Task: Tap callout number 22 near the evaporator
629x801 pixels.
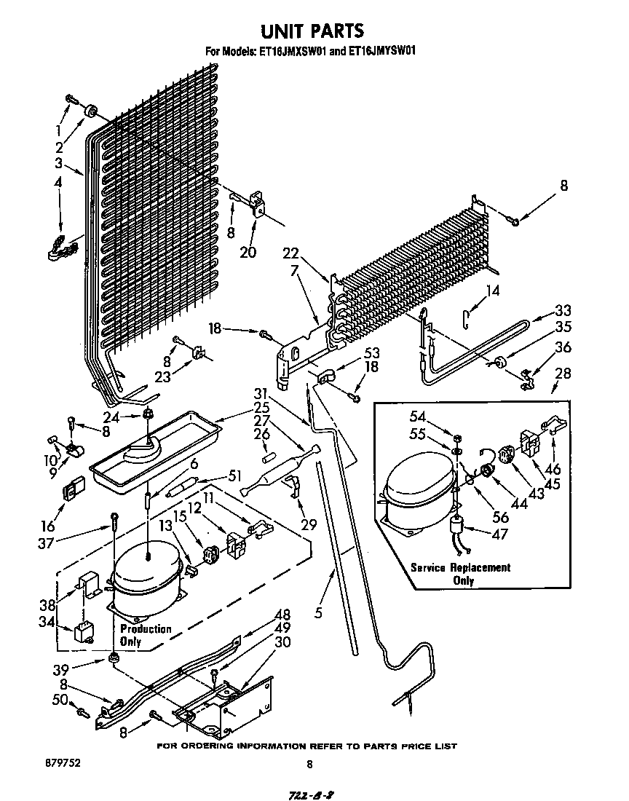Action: tap(291, 253)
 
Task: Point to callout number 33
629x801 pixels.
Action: tap(563, 310)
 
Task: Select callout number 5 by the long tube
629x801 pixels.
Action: tap(318, 612)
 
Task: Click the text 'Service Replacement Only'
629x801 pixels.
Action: tap(460, 574)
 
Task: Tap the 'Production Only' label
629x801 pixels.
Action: tap(145, 635)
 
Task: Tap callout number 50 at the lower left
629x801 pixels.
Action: tap(60, 701)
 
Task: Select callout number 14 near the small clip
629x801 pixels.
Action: tap(494, 291)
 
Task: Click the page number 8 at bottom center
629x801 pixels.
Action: tap(309, 764)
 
